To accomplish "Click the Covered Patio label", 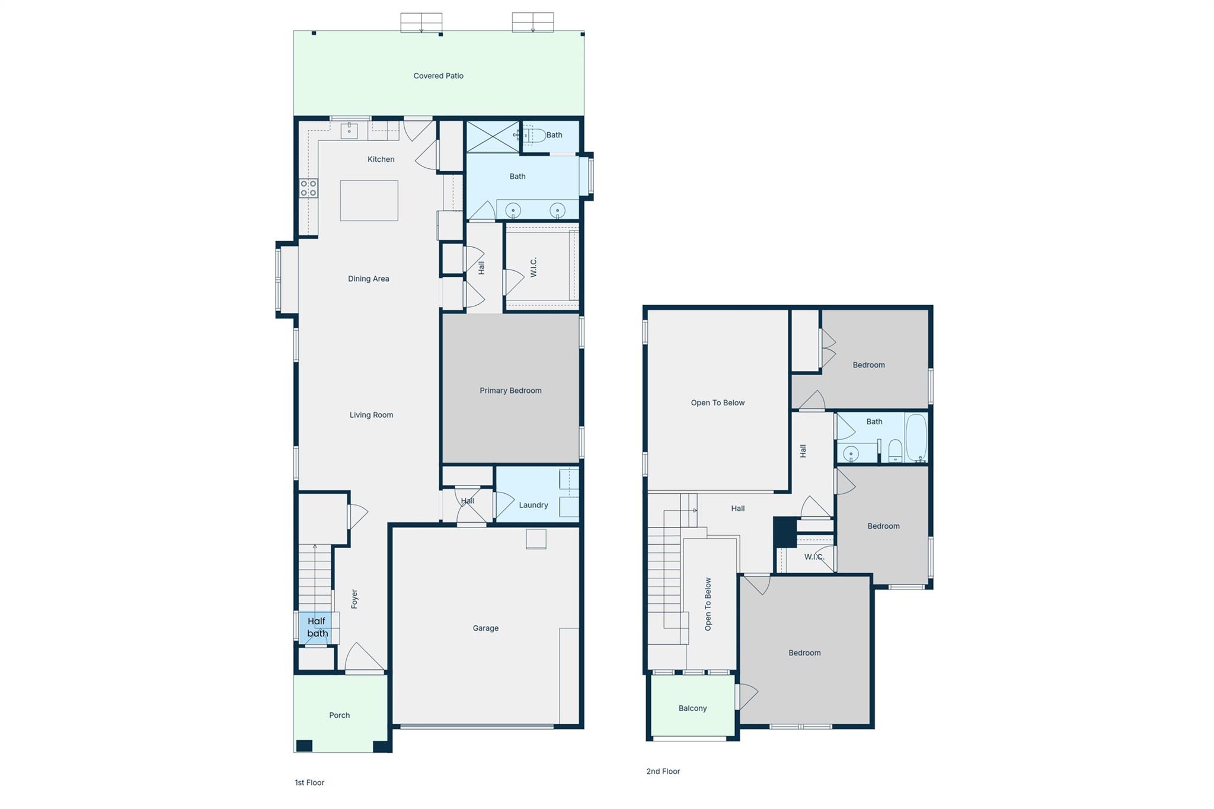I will coord(438,76).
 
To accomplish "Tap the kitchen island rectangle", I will coord(369,201).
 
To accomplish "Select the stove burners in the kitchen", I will coord(308,188).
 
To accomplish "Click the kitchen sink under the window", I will coord(349,131).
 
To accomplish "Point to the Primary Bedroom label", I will coord(510,391).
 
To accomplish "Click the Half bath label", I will coord(317,628).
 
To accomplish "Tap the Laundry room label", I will coord(533,505).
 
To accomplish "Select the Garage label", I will coord(485,628).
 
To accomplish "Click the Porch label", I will coord(340,715).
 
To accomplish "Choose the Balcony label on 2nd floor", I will coord(692,708).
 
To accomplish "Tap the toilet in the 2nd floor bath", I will coord(895,452).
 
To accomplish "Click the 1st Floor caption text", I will coord(309,782).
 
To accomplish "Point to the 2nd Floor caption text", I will coord(663,771).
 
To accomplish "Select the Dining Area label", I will coord(368,279).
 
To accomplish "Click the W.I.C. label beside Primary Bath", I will coord(533,267).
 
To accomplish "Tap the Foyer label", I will coord(354,599).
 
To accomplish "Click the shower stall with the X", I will coord(493,137).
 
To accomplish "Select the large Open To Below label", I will coord(717,403).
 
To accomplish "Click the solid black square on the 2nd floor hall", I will coord(785,532).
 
